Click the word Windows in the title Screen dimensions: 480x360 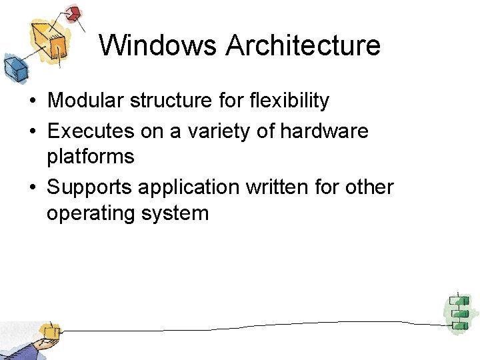click(x=159, y=45)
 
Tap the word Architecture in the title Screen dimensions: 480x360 click(x=303, y=45)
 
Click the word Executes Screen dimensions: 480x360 click(x=88, y=131)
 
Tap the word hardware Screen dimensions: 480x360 click(x=324, y=131)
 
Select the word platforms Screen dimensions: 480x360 click(x=91, y=157)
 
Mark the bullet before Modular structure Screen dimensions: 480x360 click(x=32, y=101)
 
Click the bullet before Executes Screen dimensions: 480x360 click(x=32, y=131)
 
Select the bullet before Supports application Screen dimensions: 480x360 click(x=32, y=188)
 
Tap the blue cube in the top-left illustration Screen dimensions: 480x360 click(x=13, y=67)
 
